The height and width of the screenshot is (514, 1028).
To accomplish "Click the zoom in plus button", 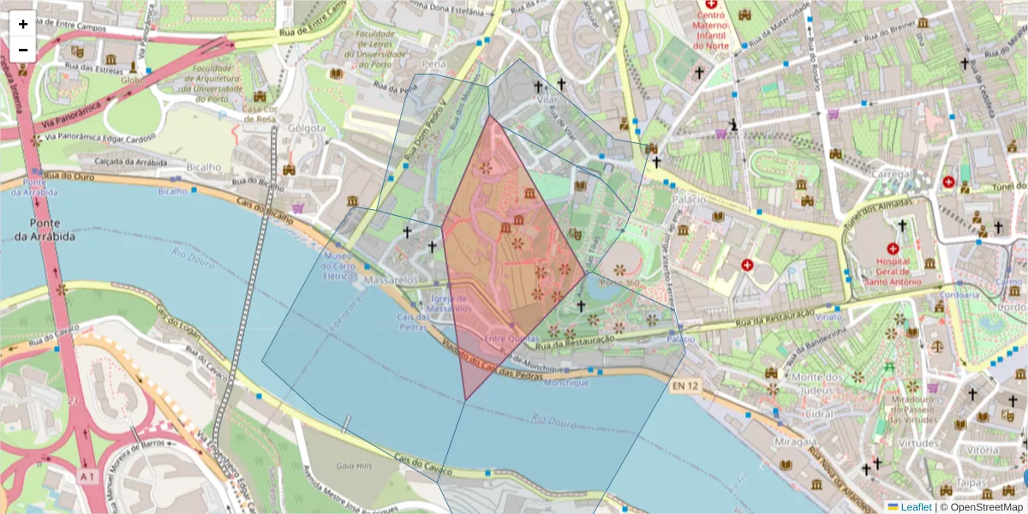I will click(23, 24).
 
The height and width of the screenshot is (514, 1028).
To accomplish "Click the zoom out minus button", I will click(23, 50).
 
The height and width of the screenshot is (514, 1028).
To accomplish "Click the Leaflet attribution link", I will click(916, 507).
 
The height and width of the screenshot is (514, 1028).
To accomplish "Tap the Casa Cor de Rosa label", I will click(258, 114).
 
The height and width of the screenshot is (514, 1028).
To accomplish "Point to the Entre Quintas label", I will click(512, 339).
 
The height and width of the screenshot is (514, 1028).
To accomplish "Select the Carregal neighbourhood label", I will click(892, 174).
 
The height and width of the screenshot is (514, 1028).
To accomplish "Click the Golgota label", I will click(308, 128).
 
